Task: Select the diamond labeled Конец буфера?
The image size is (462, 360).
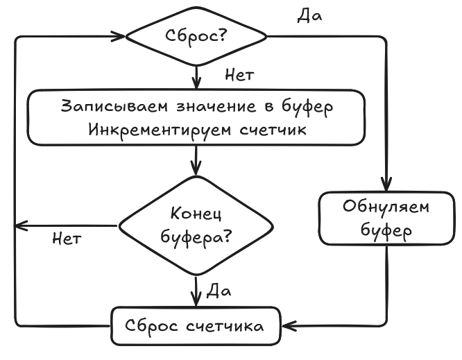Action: click(196, 225)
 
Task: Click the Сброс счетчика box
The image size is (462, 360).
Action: click(196, 325)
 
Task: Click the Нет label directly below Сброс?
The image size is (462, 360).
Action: click(239, 74)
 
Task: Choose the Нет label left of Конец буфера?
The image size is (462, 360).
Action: click(67, 240)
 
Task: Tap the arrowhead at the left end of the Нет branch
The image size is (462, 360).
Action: click(19, 225)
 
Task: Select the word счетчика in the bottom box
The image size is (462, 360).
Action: click(224, 325)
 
